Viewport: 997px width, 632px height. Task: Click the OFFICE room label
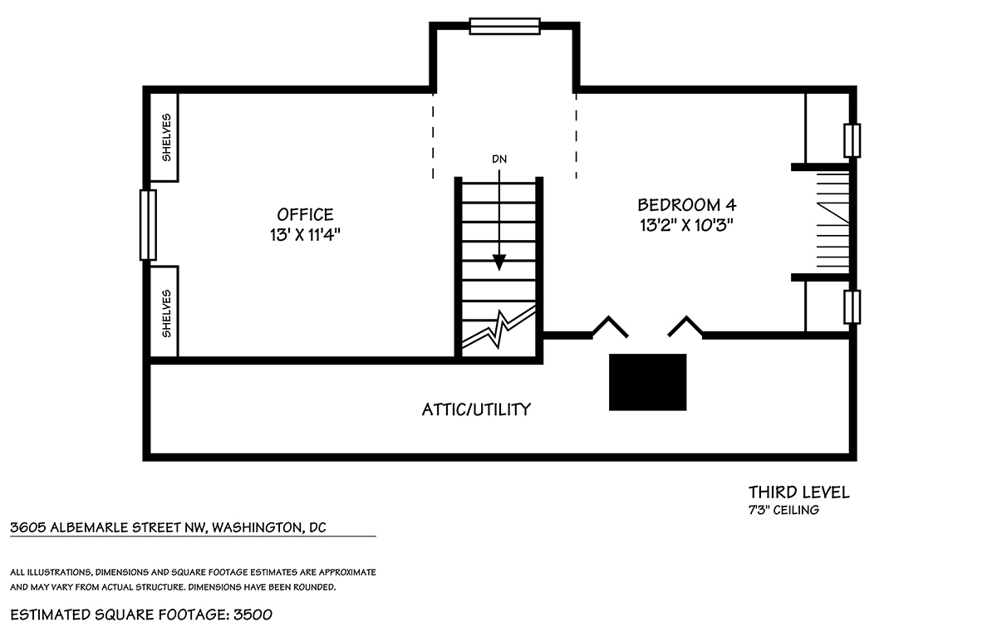(x=305, y=215)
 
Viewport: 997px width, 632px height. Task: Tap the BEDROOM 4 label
(x=687, y=205)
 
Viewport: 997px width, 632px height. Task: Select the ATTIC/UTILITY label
(x=476, y=409)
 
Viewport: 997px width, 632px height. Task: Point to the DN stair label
(x=499, y=159)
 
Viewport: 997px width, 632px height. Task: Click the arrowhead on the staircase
(x=499, y=262)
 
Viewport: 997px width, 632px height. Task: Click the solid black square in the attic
(x=647, y=382)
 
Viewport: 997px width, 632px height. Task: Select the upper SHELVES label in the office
(x=166, y=137)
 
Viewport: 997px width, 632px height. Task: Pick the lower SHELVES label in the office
(x=166, y=314)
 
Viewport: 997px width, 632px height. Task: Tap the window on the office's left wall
(x=148, y=225)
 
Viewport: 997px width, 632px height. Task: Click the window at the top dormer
(x=505, y=27)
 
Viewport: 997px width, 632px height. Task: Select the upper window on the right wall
(x=852, y=140)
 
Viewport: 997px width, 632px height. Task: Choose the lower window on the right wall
(x=852, y=307)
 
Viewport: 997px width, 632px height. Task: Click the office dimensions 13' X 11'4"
(x=305, y=234)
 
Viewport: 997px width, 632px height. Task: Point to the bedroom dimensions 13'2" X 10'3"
(x=687, y=225)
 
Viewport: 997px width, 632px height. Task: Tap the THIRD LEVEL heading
(x=799, y=492)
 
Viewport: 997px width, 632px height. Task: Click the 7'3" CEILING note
(x=783, y=510)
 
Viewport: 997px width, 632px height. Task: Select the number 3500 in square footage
(x=253, y=615)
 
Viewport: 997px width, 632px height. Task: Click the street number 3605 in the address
(x=28, y=527)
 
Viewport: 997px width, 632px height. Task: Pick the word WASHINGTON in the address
(x=256, y=527)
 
